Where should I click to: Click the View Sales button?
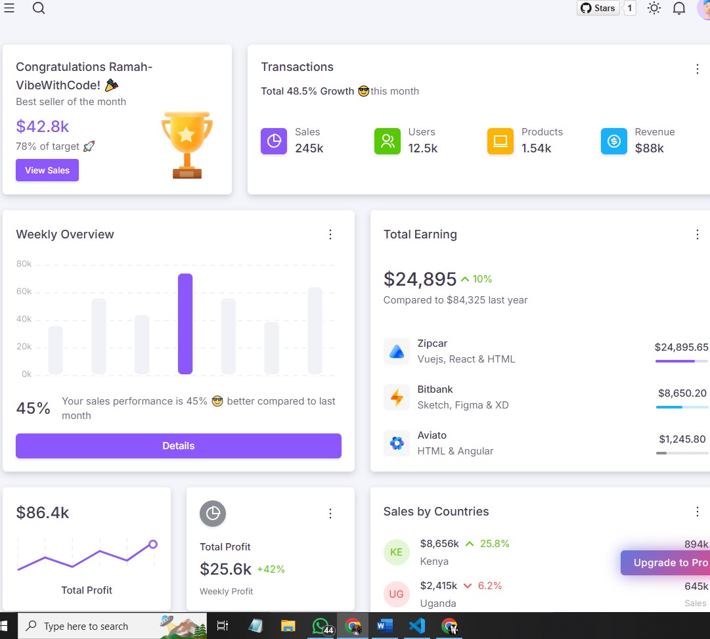[x=47, y=170]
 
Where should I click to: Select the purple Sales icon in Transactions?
[x=274, y=141]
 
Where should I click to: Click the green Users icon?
[x=387, y=141]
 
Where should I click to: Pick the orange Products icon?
[x=500, y=141]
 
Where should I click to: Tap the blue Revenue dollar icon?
[x=614, y=141]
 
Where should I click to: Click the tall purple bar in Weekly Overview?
[x=185, y=324]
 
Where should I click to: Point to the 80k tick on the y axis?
[x=24, y=263]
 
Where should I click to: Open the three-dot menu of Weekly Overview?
[x=330, y=234]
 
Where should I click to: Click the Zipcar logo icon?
[x=397, y=351]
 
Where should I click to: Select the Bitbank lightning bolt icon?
[x=397, y=397]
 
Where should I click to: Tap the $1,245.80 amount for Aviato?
[x=682, y=439]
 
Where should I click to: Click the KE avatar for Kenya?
[x=396, y=552]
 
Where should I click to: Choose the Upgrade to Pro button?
[x=665, y=562]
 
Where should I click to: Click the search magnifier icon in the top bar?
[x=39, y=8]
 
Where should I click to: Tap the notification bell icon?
[x=678, y=8]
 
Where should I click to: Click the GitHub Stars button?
[x=598, y=8]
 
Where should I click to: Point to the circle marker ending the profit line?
[x=153, y=544]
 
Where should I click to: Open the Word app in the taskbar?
[x=384, y=626]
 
